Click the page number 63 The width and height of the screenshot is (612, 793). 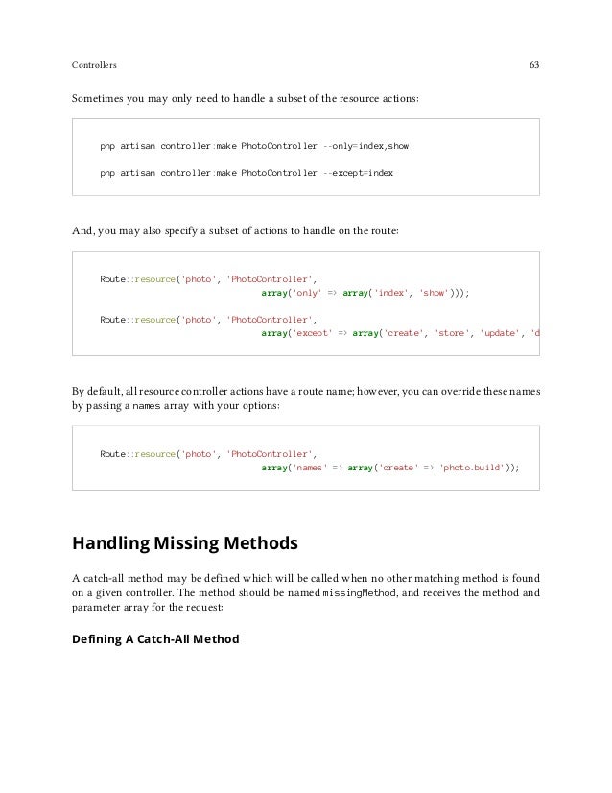(x=533, y=66)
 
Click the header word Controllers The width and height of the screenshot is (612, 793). (x=94, y=66)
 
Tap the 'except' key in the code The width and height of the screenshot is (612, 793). (x=310, y=333)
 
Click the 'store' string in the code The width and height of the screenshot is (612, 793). (x=455, y=333)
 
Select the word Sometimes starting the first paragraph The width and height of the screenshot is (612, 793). (x=99, y=100)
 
